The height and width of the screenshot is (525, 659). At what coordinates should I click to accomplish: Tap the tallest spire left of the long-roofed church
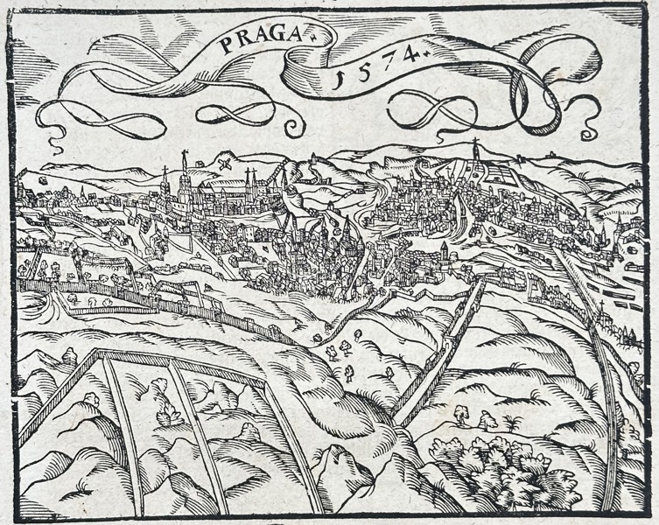185,175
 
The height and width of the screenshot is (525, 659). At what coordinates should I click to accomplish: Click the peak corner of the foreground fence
99,353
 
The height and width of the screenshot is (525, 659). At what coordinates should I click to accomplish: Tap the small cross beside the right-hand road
601,306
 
